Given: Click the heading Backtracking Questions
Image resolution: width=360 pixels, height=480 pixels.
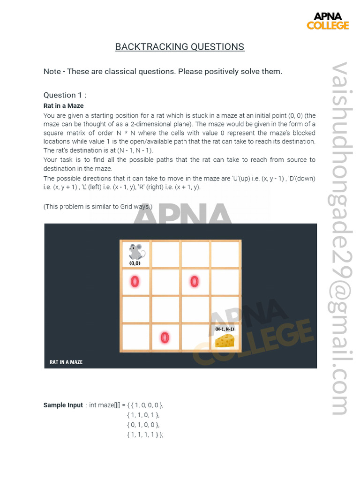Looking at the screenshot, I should pyautogui.click(x=180, y=47).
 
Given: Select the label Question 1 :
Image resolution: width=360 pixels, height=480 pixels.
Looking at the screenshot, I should pyautogui.click(x=65, y=95).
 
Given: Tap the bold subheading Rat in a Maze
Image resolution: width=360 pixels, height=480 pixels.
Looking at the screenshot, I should pyautogui.click(x=63, y=105).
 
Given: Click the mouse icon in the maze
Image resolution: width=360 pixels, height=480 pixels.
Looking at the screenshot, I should pyautogui.click(x=136, y=252).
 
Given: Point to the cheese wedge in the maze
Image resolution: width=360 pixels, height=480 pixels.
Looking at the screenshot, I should pyautogui.click(x=225, y=341).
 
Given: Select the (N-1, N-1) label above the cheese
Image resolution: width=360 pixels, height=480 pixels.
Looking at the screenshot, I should pyautogui.click(x=225, y=329).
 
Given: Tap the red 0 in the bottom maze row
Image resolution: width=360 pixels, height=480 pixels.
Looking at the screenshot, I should pyautogui.click(x=164, y=337).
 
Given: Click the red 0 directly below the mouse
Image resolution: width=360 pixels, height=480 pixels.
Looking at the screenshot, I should pyautogui.click(x=135, y=282).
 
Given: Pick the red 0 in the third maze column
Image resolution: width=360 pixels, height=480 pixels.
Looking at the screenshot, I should pyautogui.click(x=194, y=281).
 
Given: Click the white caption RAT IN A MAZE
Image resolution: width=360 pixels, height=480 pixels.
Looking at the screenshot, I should pyautogui.click(x=66, y=362).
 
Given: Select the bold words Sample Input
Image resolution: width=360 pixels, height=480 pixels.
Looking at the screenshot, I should pyautogui.click(x=63, y=405).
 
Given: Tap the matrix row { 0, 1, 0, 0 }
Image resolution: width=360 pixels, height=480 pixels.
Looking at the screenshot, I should pyautogui.click(x=143, y=425).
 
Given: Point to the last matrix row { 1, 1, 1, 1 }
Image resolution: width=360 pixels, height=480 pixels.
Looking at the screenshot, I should pyautogui.click(x=145, y=435).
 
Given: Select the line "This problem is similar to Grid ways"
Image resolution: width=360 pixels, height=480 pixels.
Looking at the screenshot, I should pyautogui.click(x=98, y=207).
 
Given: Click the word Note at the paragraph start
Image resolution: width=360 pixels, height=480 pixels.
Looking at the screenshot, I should pyautogui.click(x=52, y=71).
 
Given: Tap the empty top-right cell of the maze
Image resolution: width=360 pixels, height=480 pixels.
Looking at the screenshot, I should pyautogui.click(x=225, y=254).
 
